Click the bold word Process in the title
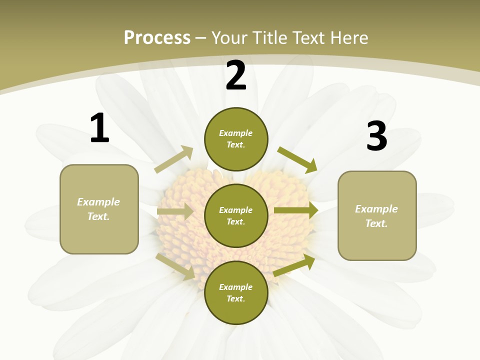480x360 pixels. tap(157, 37)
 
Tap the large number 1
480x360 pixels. tap(99, 128)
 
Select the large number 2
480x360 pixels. tap(236, 75)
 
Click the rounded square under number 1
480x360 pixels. tap(99, 209)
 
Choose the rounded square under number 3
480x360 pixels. tap(377, 216)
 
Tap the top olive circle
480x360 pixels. tap(236, 139)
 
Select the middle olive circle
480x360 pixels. tap(236, 215)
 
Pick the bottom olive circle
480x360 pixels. tap(236, 292)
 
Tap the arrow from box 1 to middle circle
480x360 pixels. tap(175, 211)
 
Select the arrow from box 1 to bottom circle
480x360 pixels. tap(175, 266)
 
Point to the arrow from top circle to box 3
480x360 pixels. tap(297, 159)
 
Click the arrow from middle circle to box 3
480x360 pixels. tap(296, 210)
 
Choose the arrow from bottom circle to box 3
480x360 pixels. tap(294, 265)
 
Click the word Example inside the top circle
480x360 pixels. tap(235, 133)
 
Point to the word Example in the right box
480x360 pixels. tap(376, 209)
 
